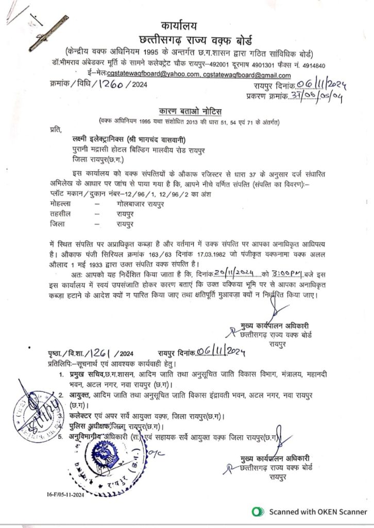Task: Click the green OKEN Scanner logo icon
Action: pos(256,512)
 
